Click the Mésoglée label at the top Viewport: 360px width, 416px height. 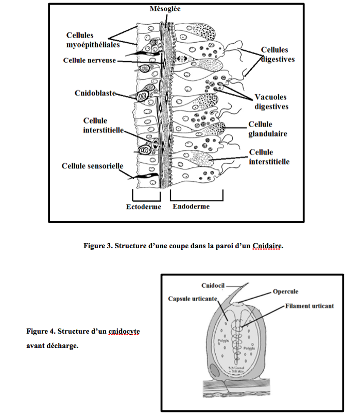point(166,9)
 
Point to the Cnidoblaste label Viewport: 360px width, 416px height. point(94,93)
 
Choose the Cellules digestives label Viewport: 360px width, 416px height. point(278,55)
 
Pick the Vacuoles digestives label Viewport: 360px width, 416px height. point(271,101)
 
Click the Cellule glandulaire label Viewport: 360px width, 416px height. point(267,129)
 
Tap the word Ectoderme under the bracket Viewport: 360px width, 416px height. point(144,207)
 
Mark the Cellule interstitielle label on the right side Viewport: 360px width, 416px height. point(269,157)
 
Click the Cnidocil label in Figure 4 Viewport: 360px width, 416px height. point(212,286)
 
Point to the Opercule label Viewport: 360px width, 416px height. point(286,292)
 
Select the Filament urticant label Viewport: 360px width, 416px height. point(309,306)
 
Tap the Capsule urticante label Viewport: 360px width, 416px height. point(194,299)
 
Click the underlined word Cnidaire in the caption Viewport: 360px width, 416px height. point(268,246)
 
